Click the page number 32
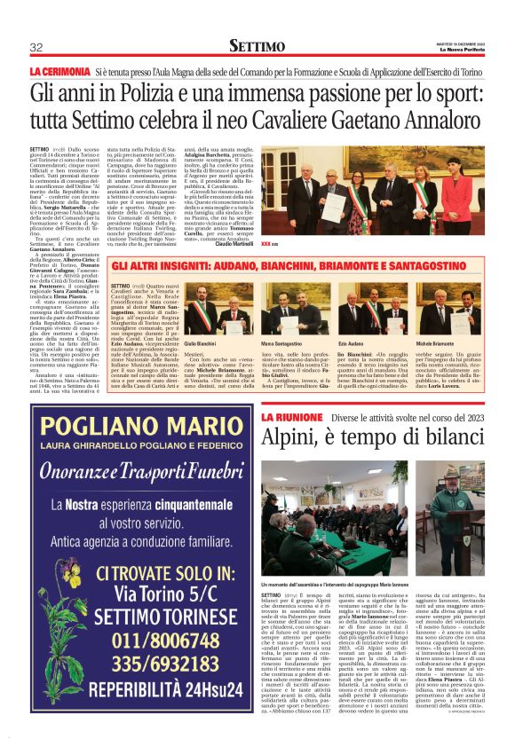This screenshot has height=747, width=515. [x=36, y=47]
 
